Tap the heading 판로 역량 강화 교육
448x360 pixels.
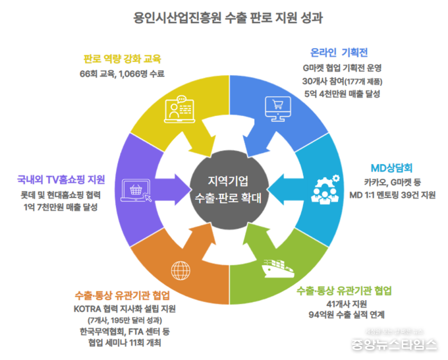pyautogui.click(x=122, y=57)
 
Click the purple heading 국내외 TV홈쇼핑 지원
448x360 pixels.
pyautogui.click(x=61, y=179)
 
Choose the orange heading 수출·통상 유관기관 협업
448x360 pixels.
pyautogui.click(x=123, y=294)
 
